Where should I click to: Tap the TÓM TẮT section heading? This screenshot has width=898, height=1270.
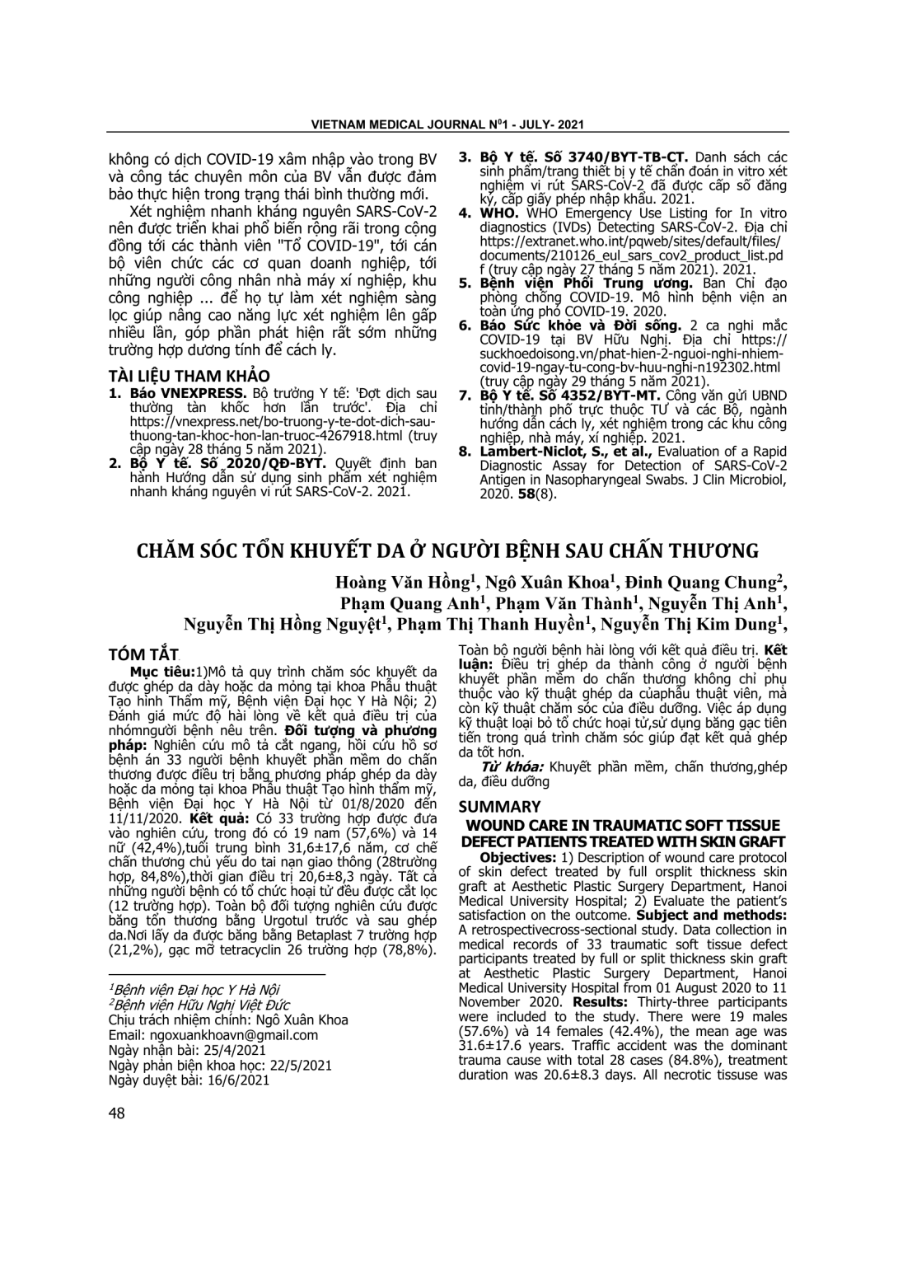coord(143,654)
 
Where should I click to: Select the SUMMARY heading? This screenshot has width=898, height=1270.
coord(499,807)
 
